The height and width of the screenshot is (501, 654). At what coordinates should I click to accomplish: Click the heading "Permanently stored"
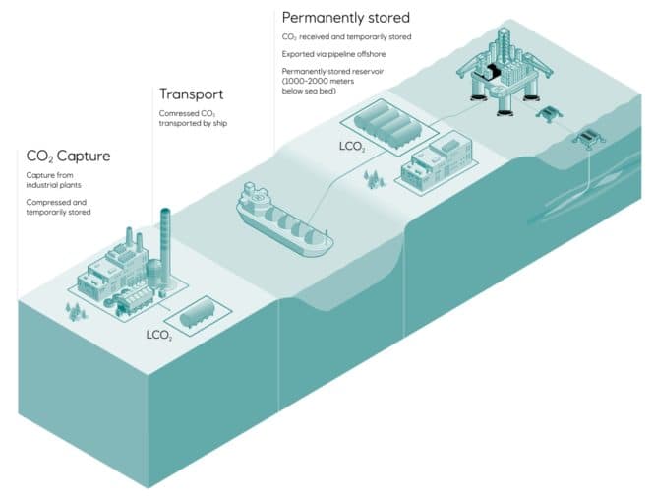345,17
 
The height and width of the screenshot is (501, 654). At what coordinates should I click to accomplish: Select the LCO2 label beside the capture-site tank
160,335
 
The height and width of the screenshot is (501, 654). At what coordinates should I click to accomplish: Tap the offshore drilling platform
503,64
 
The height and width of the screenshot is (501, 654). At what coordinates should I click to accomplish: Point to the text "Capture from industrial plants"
52,181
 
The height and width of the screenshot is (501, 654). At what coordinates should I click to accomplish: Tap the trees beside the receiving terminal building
373,178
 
